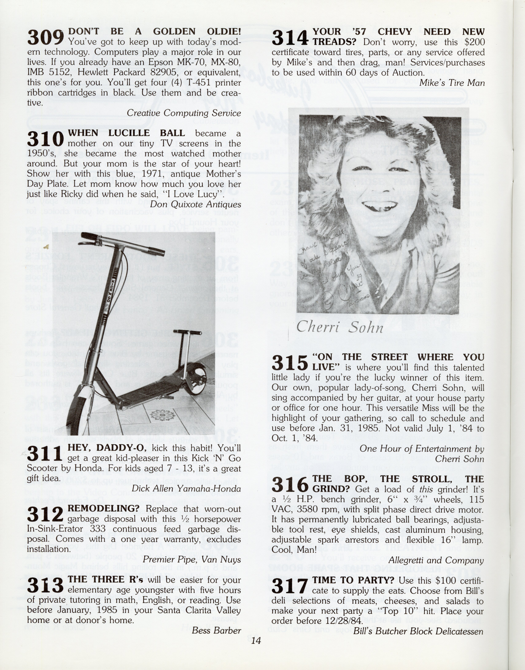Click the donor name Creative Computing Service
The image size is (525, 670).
(x=184, y=113)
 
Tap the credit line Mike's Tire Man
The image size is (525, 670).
(x=452, y=83)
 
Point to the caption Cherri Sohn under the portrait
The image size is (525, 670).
(x=340, y=327)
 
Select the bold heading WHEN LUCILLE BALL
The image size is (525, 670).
(x=126, y=133)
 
